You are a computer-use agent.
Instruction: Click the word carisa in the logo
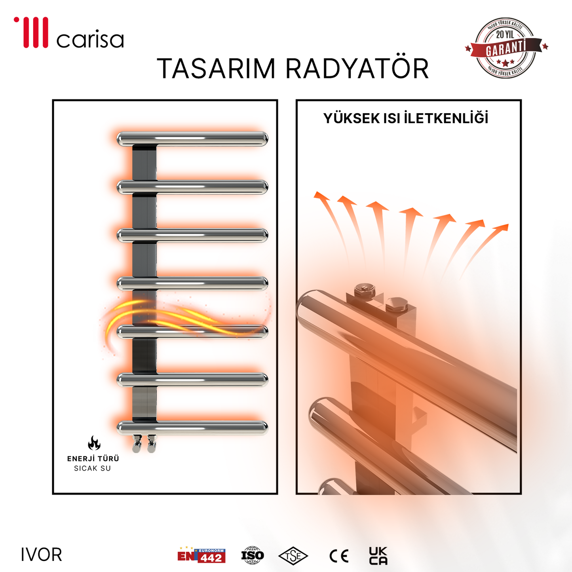click(90, 40)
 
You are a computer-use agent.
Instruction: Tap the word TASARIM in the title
click(216, 69)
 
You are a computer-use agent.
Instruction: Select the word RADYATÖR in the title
click(357, 69)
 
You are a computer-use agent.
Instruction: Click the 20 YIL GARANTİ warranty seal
click(506, 48)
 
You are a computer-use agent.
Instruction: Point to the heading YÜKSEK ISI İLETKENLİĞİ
click(406, 118)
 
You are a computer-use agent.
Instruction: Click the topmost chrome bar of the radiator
click(192, 139)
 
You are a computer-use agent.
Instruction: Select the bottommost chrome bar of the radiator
click(192, 427)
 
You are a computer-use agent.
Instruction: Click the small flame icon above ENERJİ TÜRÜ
click(94, 443)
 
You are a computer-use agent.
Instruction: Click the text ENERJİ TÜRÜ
click(93, 459)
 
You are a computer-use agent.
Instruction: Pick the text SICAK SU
click(93, 468)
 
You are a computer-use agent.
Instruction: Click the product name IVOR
click(42, 555)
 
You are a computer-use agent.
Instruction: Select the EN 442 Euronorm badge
click(201, 555)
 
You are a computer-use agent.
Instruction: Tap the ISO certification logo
click(253, 555)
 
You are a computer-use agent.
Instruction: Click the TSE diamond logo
click(293, 556)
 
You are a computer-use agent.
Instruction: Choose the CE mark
click(339, 556)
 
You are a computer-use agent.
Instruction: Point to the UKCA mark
click(378, 556)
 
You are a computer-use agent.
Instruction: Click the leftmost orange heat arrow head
click(321, 196)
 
